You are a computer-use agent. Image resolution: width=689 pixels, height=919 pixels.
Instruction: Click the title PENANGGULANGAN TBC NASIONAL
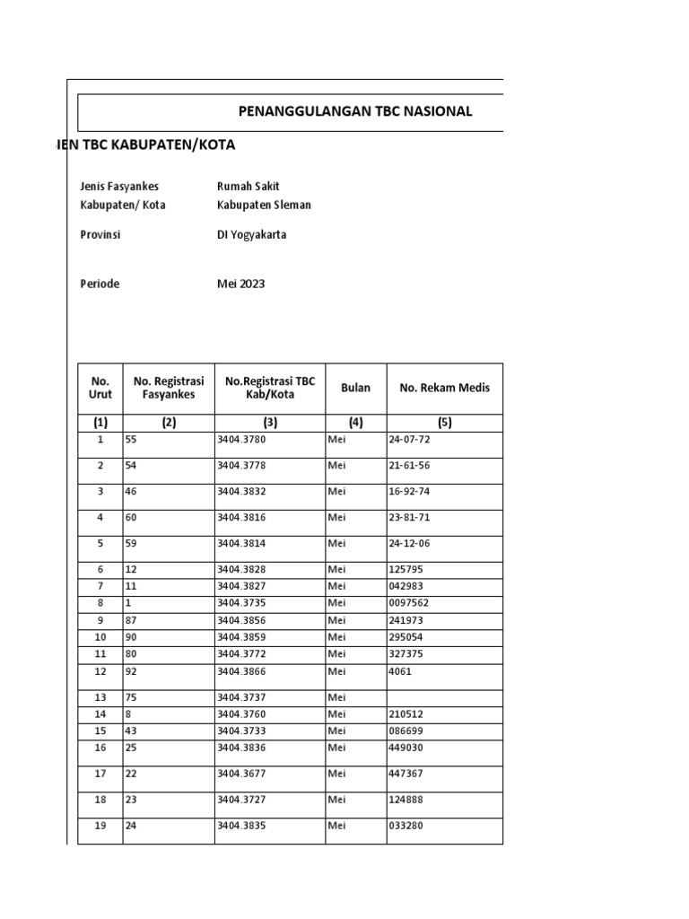354,111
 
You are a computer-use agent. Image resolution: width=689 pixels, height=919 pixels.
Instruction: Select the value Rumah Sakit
249,186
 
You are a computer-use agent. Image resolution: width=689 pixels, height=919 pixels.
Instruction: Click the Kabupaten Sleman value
264,205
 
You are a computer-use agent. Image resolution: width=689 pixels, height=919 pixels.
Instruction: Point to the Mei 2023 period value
240,284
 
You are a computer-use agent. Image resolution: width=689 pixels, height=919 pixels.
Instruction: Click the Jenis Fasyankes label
119,186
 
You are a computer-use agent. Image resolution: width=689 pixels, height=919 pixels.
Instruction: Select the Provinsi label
100,235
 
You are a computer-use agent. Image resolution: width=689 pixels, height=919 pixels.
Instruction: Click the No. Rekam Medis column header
444,388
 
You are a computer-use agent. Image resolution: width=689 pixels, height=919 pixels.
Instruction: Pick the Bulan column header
355,388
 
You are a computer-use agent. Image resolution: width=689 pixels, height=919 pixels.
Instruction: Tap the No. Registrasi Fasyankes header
169,388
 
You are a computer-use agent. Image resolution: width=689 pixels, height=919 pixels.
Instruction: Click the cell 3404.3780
241,440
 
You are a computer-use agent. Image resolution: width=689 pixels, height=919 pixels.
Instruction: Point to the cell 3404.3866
241,670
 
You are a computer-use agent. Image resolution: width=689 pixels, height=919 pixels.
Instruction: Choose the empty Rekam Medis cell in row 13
444,697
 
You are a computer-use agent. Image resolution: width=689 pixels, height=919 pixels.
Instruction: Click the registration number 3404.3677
241,774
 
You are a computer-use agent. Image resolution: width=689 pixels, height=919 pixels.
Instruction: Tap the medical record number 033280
406,826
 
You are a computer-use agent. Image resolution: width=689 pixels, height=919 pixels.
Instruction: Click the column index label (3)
269,422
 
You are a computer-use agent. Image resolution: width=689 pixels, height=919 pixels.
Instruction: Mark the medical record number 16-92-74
409,492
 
